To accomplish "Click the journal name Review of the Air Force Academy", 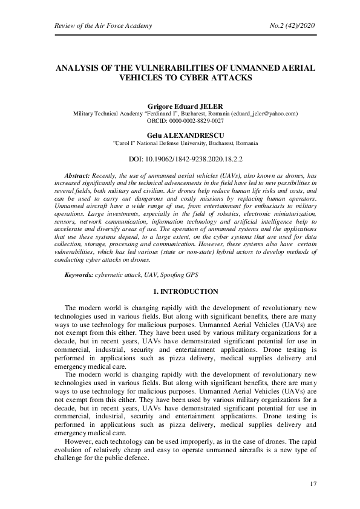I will tap(103, 25).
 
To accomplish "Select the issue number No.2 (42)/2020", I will tap(292, 25).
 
